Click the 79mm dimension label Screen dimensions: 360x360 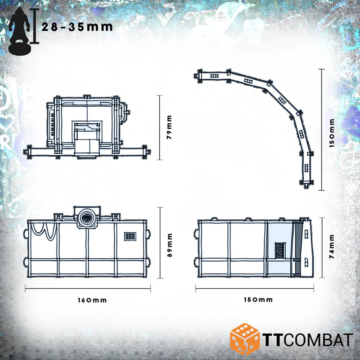coord(169,127)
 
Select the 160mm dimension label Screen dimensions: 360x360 coord(92,300)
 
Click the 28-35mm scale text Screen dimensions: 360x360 coord(77,27)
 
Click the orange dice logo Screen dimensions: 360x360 coord(244,339)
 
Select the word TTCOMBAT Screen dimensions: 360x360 coord(307,340)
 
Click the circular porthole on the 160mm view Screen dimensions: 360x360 coord(86,217)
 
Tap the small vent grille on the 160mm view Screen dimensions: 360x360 coord(130,236)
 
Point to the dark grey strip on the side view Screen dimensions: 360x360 coord(297,248)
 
